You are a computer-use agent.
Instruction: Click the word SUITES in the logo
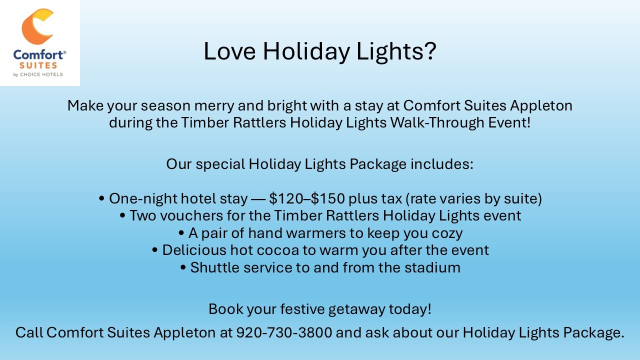(x=38, y=65)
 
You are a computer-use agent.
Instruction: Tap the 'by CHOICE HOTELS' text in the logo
(x=38, y=74)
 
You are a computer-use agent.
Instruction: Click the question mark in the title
(x=429, y=51)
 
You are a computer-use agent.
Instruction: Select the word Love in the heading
(x=229, y=51)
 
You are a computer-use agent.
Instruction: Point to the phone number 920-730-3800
(x=284, y=332)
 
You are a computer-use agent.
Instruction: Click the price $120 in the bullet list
(x=285, y=198)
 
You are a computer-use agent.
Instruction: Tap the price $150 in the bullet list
(x=327, y=198)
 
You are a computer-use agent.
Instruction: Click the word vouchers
(x=191, y=215)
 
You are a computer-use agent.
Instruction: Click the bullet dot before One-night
(x=101, y=198)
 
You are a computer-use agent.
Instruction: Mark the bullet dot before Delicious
(x=155, y=250)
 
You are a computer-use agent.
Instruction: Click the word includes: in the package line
(x=442, y=164)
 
